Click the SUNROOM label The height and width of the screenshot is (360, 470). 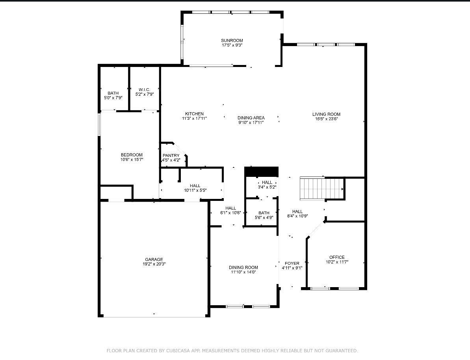[232, 40]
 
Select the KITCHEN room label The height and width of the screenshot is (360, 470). [194, 114]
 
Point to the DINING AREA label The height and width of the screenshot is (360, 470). [251, 118]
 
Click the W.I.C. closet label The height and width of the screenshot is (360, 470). [144, 90]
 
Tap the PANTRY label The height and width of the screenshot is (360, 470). [171, 156]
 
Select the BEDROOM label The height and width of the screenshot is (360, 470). [132, 155]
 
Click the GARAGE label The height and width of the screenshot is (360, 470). [154, 260]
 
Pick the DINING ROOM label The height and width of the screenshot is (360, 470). [243, 267]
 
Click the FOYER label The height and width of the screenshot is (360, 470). [292, 264]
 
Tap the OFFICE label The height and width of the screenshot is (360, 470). [337, 257]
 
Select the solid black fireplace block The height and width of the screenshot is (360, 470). [261, 172]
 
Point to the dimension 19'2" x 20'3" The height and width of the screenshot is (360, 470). [154, 264]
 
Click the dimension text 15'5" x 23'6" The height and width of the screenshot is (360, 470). [327, 119]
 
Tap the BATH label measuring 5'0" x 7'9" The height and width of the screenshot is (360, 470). [113, 93]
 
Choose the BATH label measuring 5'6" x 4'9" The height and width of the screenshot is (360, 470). [264, 213]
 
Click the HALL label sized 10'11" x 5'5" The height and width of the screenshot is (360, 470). [195, 186]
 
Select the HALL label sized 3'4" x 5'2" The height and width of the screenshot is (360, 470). [267, 182]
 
